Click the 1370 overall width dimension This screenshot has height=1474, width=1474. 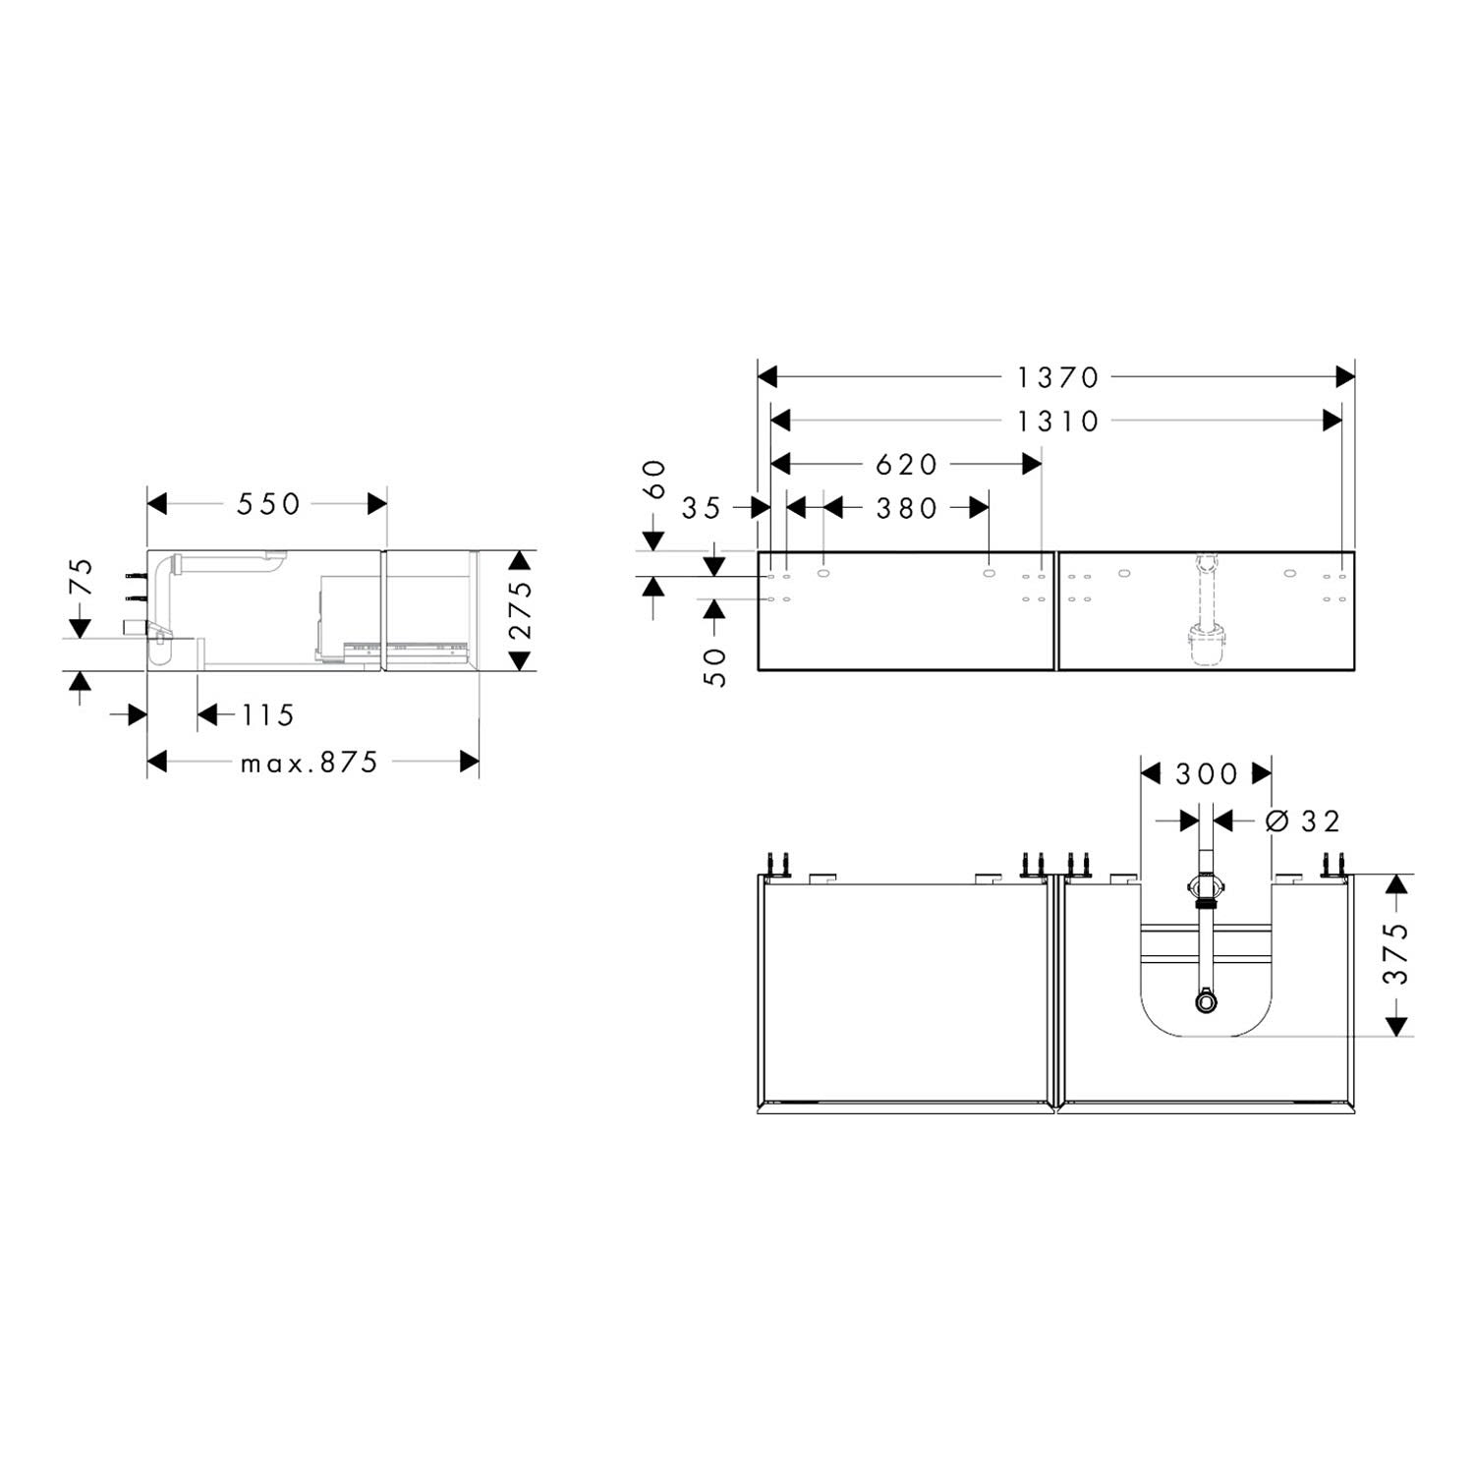tap(1057, 377)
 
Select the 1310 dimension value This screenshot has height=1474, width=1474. tap(1057, 422)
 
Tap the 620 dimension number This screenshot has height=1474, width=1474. tap(907, 465)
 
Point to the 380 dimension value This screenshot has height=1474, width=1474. tap(907, 508)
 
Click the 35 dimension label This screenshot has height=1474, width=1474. tap(702, 508)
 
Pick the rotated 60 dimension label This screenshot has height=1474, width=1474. tap(655, 479)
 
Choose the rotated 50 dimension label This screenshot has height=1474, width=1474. tap(716, 667)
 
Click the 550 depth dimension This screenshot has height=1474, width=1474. tap(268, 504)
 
